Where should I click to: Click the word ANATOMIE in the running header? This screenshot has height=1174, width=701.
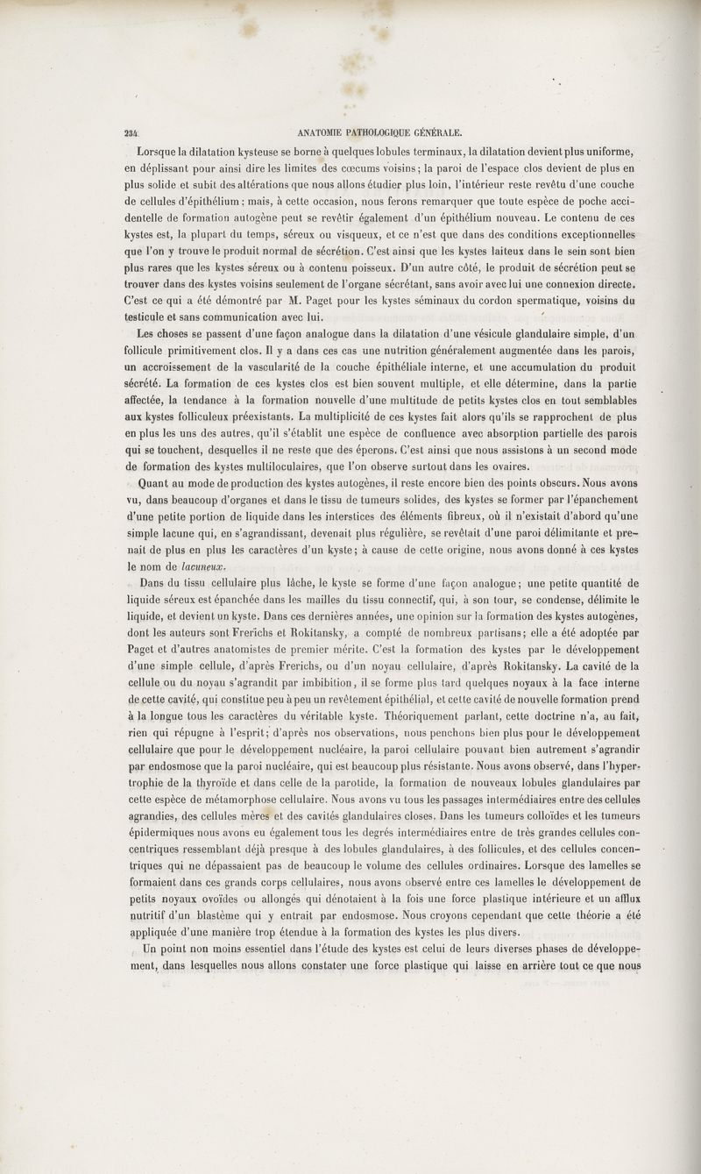point(327,133)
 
